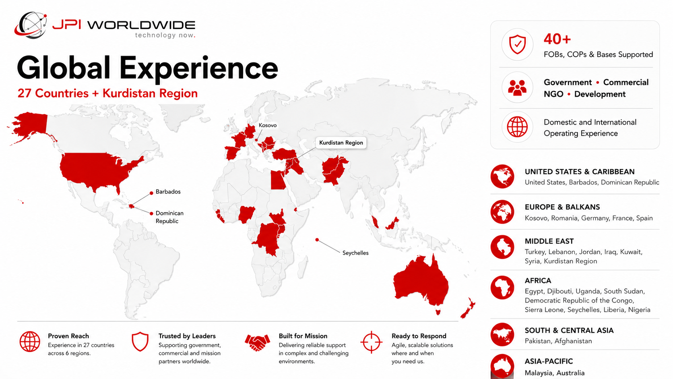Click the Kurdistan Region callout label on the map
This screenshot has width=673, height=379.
pos(341,143)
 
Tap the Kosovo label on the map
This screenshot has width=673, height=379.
pos(267,125)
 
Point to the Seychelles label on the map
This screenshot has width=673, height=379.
pos(355,253)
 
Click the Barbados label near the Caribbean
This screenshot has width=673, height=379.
pos(168,192)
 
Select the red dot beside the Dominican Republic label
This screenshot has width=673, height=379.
pos(151,213)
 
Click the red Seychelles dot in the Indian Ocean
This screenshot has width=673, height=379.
pos(317,240)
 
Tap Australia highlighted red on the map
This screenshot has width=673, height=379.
pos(421,282)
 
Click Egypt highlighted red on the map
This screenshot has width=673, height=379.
pos(278,180)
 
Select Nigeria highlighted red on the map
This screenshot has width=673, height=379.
pos(246,214)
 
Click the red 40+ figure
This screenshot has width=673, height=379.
pos(557,39)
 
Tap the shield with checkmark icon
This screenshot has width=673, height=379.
pos(517,44)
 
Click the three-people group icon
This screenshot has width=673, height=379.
pos(517,87)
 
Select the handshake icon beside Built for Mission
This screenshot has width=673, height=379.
pos(257,342)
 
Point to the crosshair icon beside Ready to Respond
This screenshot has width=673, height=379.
pos(372,342)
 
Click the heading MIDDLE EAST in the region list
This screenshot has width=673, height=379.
pos(549,241)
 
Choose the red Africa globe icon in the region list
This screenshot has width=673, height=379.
pos(502,288)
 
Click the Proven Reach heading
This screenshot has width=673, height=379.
pos(68,336)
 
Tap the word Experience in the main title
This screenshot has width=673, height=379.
pos(198,68)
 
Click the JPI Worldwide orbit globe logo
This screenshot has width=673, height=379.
pos(31,25)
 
